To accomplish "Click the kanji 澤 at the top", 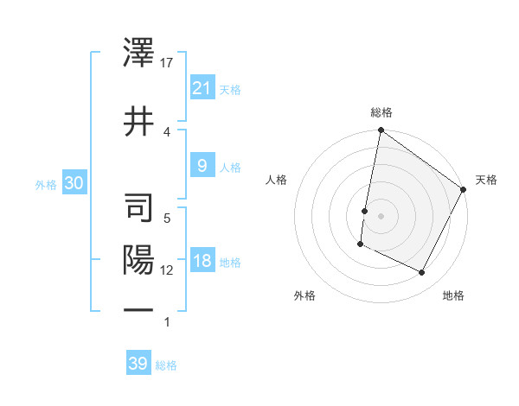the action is (138, 54).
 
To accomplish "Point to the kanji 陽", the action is (138, 259).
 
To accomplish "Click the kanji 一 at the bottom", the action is (138, 309).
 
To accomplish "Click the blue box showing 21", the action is (202, 87).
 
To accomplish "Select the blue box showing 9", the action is (202, 166).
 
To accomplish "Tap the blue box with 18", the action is (202, 262).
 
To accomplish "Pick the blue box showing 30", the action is (74, 183).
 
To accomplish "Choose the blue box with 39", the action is (138, 364).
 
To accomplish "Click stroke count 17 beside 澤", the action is (168, 62).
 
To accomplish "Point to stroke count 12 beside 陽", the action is (167, 270).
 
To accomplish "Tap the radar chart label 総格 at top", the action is (381, 112).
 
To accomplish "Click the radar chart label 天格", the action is (486, 180).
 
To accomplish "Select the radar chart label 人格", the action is (277, 180).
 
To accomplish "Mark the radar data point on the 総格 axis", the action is (381, 130).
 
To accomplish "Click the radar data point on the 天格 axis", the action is (464, 189).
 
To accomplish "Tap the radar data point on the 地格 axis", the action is (422, 273).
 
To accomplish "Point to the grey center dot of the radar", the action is (381, 215).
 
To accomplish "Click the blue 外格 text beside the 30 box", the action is (46, 184).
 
